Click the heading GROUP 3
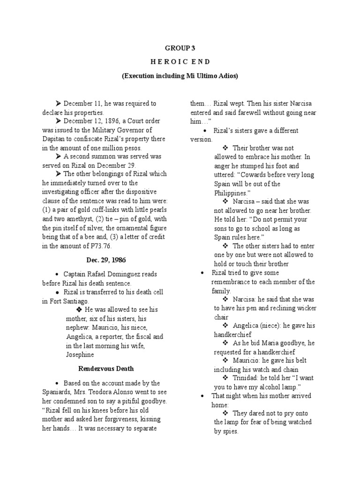tap(180, 48)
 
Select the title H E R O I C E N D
tap(180, 62)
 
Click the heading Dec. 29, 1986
tap(106, 260)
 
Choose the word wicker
tap(306, 308)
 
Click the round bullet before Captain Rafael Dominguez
tap(57, 274)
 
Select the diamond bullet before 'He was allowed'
tap(79, 310)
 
